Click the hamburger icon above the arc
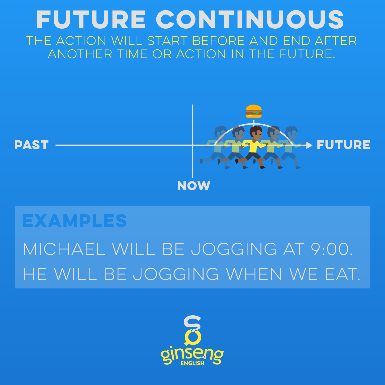pos(254,111)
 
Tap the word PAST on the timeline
pos(32,145)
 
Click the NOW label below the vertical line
pos(194,186)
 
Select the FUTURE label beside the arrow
pos(343,145)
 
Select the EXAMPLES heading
pos(75,221)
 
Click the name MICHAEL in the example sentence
pos(64,249)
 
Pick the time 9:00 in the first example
pos(332,249)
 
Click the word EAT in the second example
pos(342,274)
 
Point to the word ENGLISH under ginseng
pos(192,363)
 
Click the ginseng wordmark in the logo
pos(192,354)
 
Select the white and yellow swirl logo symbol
pos(192,330)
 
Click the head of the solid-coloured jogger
pos(256,133)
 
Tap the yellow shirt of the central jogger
pos(254,146)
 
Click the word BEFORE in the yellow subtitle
pos(219,41)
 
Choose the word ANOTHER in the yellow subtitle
pos(80,54)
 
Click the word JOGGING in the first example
pos(234,249)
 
